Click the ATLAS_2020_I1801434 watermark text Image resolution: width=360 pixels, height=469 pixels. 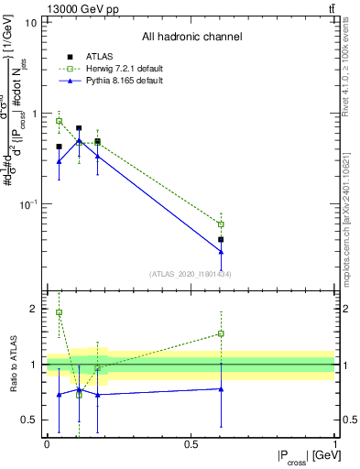click(x=191, y=274)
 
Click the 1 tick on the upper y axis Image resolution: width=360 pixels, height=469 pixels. click(x=34, y=114)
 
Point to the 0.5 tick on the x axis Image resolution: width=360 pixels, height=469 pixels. click(x=191, y=444)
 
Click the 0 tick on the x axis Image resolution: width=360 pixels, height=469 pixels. click(x=47, y=444)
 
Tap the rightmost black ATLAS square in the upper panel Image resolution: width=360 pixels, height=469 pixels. click(x=221, y=239)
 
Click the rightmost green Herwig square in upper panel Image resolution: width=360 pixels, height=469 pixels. click(x=221, y=224)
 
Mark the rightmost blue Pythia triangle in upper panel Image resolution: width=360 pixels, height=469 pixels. click(x=221, y=251)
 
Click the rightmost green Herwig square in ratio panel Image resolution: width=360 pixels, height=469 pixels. click(x=221, y=333)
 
